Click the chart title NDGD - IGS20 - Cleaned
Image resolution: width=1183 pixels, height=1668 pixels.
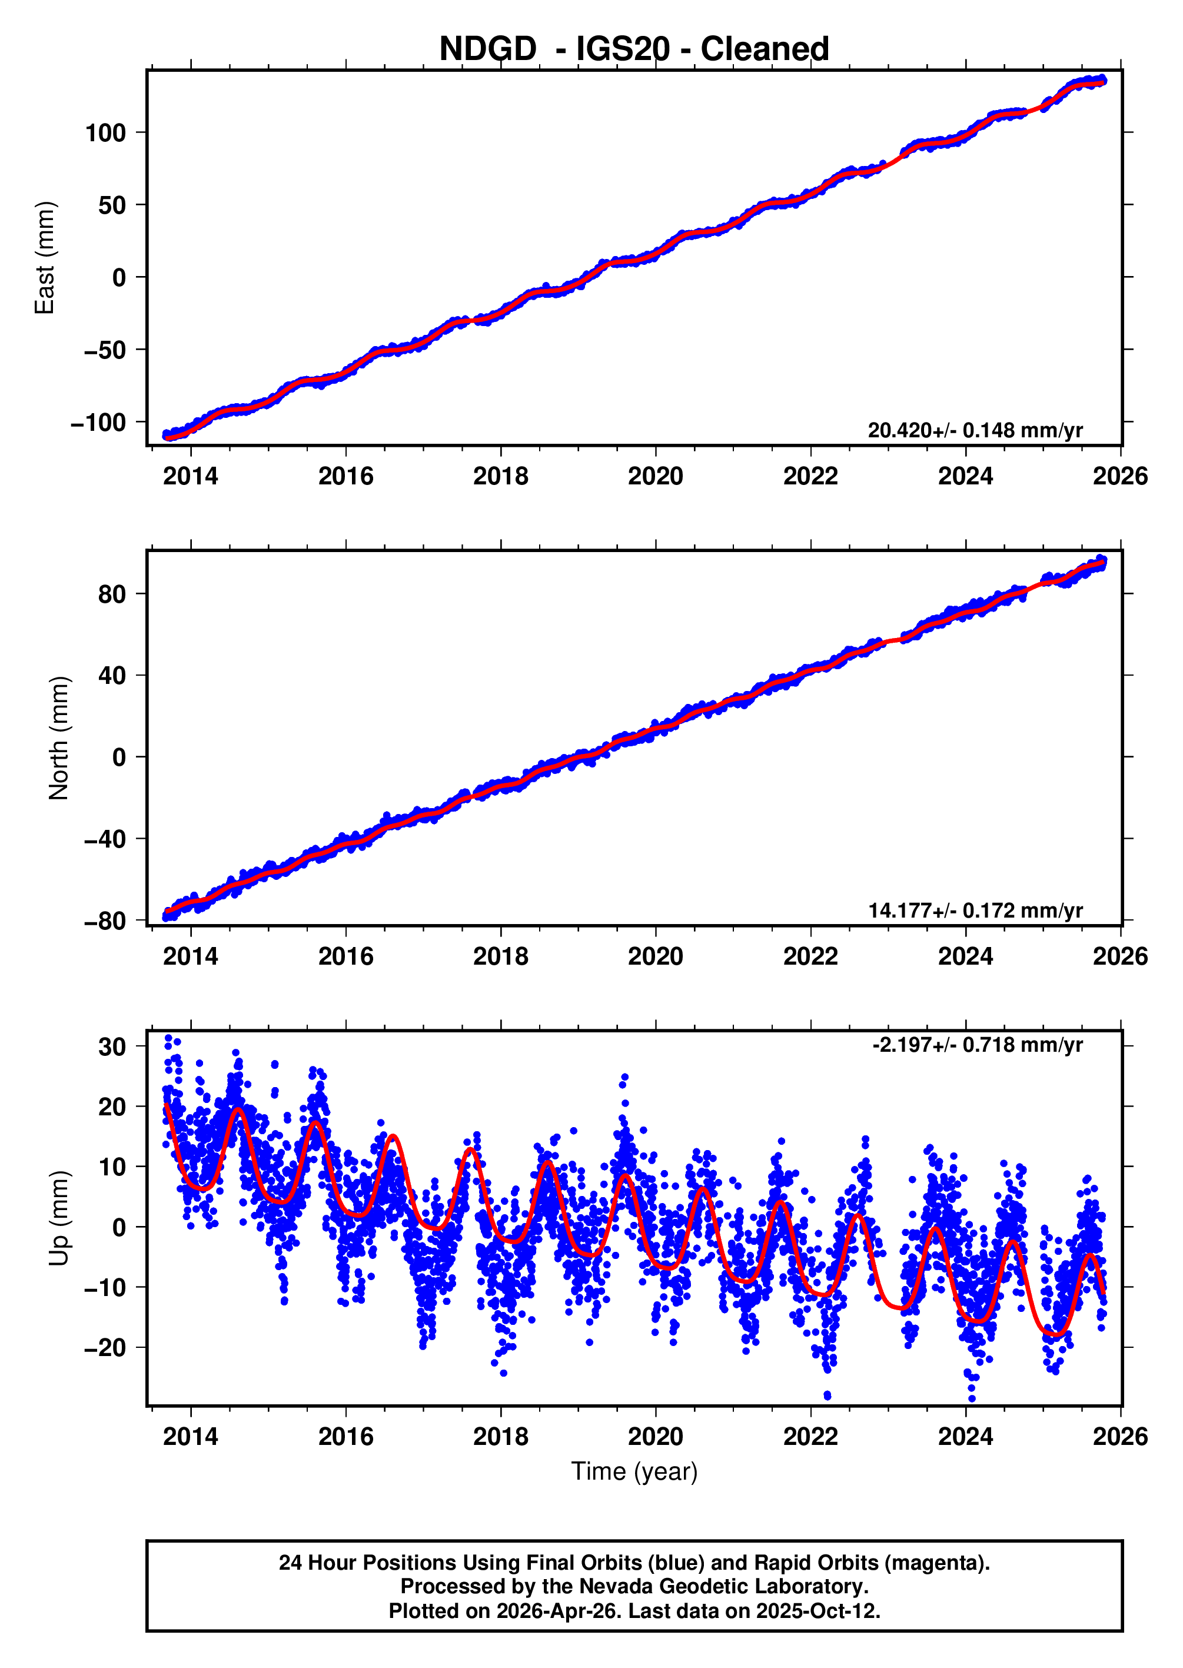[634, 49]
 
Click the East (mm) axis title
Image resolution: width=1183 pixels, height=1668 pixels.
[45, 258]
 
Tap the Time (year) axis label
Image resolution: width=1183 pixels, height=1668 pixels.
[634, 1471]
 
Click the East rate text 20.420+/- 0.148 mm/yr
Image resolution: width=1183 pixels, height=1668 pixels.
[975, 430]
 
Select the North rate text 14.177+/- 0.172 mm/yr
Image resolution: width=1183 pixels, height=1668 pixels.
[975, 911]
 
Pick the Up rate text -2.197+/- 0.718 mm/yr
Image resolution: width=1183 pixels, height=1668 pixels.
[977, 1045]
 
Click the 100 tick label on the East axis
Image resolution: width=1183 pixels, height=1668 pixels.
[105, 133]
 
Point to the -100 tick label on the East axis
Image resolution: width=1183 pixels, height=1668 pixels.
[98, 423]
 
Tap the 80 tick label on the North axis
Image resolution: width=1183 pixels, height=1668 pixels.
[112, 594]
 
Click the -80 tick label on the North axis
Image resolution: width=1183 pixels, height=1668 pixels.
[105, 922]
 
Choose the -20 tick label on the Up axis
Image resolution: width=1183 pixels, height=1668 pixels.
[105, 1348]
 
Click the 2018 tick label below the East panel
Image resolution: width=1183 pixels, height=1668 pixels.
[500, 476]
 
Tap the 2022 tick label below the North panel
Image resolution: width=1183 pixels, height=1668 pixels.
[810, 956]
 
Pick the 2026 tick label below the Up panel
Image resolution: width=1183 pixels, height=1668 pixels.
[1119, 1436]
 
